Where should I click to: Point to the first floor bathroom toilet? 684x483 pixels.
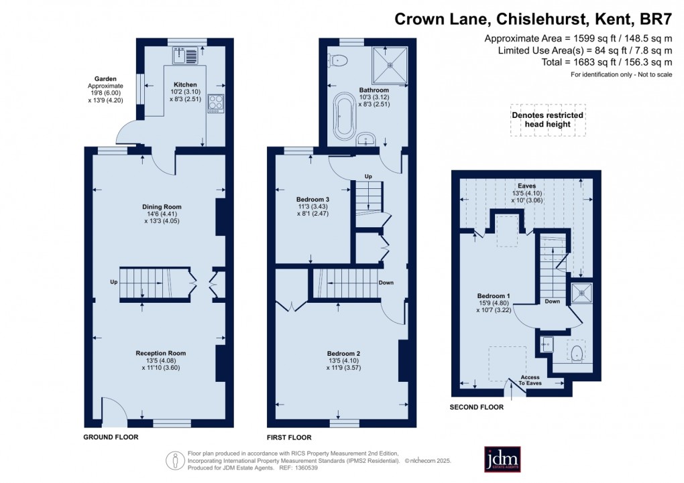[339, 60]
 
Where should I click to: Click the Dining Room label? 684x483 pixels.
[161, 206]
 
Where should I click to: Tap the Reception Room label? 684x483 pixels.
[161, 353]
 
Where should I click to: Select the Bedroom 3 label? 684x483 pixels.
[313, 199]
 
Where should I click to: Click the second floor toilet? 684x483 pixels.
[575, 352]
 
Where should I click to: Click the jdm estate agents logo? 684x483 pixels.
[502, 459]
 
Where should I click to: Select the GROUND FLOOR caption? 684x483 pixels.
[111, 437]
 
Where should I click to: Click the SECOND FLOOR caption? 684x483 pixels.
[477, 407]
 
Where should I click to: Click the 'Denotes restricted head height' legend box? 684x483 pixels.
[548, 120]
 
